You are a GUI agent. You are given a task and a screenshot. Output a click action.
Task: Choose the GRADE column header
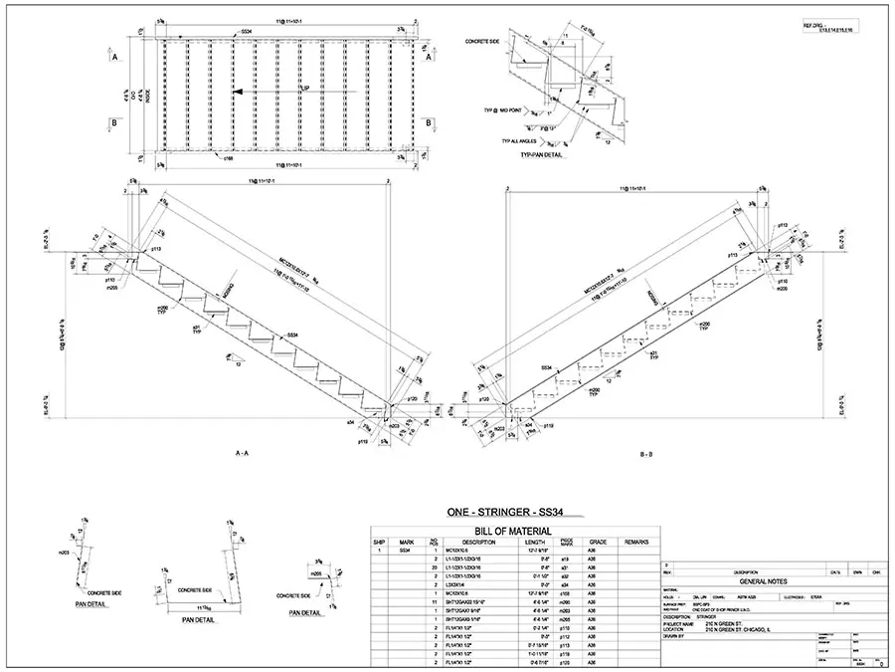click(x=597, y=543)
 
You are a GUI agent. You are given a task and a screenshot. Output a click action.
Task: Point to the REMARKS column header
click(x=636, y=543)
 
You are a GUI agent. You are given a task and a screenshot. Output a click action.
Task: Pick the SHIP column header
click(x=379, y=543)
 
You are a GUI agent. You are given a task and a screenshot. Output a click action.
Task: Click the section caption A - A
click(x=242, y=454)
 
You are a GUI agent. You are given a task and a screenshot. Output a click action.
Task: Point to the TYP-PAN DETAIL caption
click(x=542, y=156)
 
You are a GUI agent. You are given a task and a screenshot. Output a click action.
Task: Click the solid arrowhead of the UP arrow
click(x=238, y=91)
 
